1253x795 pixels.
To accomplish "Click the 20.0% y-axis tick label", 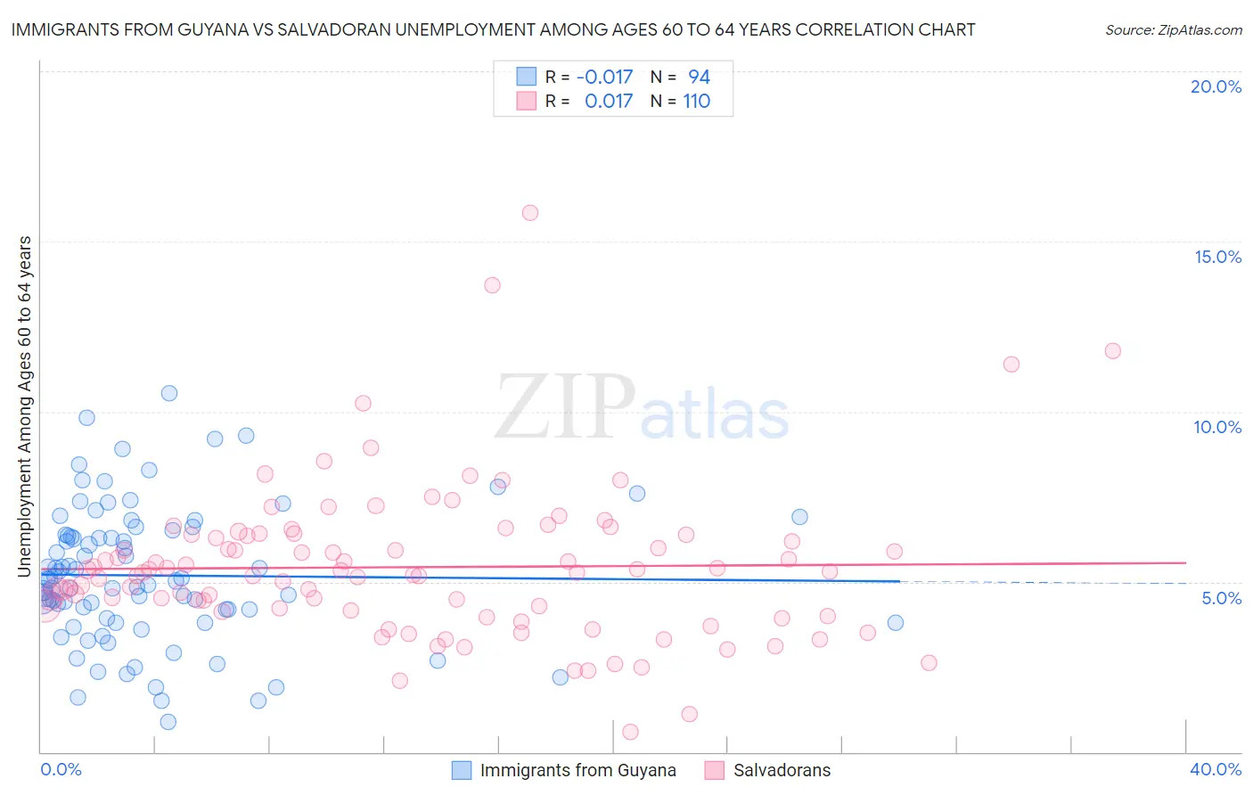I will (x=1216, y=86).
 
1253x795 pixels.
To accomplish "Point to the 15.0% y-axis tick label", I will (x=1217, y=257).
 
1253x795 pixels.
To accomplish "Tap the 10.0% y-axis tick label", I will (x=1217, y=427).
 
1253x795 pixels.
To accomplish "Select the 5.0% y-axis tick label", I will (x=1221, y=598).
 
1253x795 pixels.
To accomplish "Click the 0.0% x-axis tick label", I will (x=61, y=769).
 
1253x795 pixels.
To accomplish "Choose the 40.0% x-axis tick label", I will (x=1215, y=769).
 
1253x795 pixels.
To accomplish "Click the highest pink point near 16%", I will (x=530, y=213).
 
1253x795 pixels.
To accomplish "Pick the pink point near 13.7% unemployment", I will (x=492, y=285).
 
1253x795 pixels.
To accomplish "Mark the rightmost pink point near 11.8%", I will (x=1112, y=351).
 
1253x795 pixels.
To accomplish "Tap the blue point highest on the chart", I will (x=169, y=393).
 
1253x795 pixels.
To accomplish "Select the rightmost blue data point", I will (x=896, y=623).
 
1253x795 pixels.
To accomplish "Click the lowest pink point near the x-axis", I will (x=630, y=732).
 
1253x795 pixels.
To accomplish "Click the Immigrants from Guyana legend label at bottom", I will (x=577, y=770).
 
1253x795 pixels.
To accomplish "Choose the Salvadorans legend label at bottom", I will (x=782, y=770).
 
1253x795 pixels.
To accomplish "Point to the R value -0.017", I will (x=604, y=77).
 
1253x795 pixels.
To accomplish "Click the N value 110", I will (x=696, y=101).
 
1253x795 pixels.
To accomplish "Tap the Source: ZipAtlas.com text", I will (x=1173, y=30).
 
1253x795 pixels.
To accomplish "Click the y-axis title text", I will (x=24, y=406).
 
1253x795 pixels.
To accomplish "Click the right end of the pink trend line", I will (x=1185, y=562).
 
